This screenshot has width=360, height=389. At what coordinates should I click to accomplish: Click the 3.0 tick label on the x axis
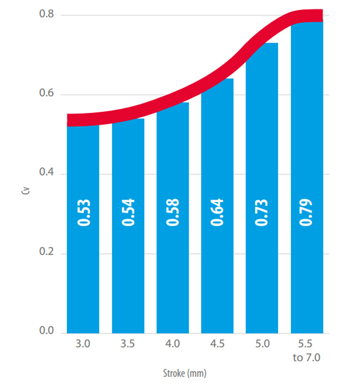point(84,345)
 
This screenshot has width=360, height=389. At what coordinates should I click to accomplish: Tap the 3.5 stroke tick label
point(128,345)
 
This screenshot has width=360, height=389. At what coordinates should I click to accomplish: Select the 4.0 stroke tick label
point(173,345)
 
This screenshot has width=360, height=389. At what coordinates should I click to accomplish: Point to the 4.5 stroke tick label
point(217,345)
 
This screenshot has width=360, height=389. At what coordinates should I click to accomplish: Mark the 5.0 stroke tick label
point(262,345)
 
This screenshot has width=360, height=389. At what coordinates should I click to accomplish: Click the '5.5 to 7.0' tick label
point(306,350)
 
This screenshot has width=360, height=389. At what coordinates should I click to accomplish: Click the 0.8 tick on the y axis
point(46,14)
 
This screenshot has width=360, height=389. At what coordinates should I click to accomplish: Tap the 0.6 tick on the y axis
point(46,94)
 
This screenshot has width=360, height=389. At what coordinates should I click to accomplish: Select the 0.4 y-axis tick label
point(46,174)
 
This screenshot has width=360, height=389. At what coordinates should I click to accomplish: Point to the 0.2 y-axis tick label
point(46,253)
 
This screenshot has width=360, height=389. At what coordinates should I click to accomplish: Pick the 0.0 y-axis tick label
point(46,332)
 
